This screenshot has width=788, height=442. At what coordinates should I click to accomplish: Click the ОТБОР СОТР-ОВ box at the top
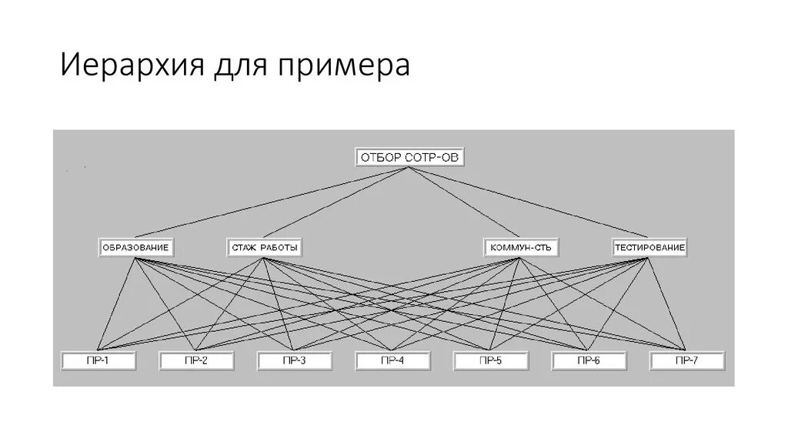point(410,158)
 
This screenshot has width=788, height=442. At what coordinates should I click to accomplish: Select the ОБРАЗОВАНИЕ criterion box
point(135,248)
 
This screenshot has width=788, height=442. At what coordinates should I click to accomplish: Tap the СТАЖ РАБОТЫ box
point(263,248)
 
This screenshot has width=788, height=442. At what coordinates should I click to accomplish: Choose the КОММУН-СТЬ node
point(521,248)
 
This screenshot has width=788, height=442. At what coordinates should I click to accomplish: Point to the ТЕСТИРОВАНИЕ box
point(649,248)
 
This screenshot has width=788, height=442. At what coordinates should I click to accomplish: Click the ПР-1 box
point(98,360)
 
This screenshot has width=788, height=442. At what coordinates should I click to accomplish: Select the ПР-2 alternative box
point(196,360)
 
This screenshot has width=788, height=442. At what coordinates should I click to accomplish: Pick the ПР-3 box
point(295,360)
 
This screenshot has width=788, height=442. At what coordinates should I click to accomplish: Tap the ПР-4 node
point(392,360)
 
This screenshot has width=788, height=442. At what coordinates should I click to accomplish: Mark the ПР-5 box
point(491,360)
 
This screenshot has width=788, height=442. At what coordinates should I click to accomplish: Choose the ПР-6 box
point(589,360)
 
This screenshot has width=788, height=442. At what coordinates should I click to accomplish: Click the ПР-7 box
point(686,360)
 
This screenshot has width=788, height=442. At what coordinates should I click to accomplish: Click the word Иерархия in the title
point(127,65)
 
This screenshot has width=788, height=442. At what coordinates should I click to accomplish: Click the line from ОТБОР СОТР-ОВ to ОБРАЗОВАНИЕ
point(273,203)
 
